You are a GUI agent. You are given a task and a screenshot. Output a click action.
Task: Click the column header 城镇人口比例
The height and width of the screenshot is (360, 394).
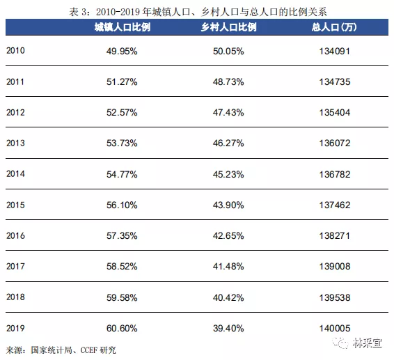coord(123,27)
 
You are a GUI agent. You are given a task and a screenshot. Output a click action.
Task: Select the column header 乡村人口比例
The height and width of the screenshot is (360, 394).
coord(228,27)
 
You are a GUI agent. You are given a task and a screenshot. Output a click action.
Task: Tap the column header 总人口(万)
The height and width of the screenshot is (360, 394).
coord(334,27)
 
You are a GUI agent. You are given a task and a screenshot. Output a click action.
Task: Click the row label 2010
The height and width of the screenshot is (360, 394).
coord(15,51)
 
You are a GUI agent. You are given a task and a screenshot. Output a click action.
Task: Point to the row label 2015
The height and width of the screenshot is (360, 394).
coord(15,205)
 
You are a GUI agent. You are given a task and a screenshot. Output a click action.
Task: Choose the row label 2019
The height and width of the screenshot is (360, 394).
coord(15,328)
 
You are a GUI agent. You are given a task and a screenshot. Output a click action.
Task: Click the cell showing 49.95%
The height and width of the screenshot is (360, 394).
coord(122,52)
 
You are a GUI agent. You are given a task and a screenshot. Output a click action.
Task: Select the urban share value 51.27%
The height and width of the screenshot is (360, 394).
coord(122,82)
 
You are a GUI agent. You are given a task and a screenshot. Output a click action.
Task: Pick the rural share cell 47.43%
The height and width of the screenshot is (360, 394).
coord(228,113)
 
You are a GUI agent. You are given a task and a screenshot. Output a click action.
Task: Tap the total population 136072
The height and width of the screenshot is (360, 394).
coord(335,143)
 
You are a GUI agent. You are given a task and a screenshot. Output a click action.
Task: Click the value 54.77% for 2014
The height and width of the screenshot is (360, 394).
coord(122,175)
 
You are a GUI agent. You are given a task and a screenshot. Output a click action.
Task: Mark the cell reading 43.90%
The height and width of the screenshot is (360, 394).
coord(228,205)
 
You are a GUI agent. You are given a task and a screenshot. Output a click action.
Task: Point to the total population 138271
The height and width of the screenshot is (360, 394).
coord(335,236)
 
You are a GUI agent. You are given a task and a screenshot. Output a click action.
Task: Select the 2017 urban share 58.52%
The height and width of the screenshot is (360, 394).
coord(122,267)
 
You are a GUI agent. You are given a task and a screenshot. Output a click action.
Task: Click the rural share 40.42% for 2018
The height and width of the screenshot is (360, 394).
coord(228,297)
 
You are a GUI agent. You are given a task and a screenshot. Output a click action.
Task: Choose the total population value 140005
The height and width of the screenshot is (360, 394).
coord(335,329)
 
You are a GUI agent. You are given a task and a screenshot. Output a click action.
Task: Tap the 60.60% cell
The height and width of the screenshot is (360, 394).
coord(122,329)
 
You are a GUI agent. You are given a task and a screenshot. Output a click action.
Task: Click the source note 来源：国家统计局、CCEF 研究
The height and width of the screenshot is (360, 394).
coord(61,350)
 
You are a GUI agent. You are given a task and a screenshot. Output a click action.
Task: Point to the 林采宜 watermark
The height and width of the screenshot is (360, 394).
coord(357,343)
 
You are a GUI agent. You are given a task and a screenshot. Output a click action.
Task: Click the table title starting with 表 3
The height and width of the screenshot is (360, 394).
coord(198,12)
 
